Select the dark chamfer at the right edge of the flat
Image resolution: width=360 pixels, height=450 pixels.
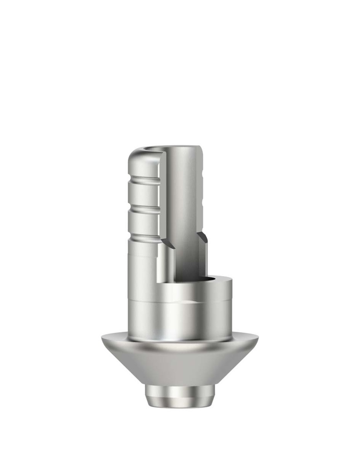(202, 240)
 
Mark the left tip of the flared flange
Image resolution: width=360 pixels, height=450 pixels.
(102, 338)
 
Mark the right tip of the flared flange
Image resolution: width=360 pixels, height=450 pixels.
(258, 338)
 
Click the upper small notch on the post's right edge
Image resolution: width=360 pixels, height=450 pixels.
(203, 180)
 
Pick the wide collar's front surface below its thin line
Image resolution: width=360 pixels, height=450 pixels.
(180, 321)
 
